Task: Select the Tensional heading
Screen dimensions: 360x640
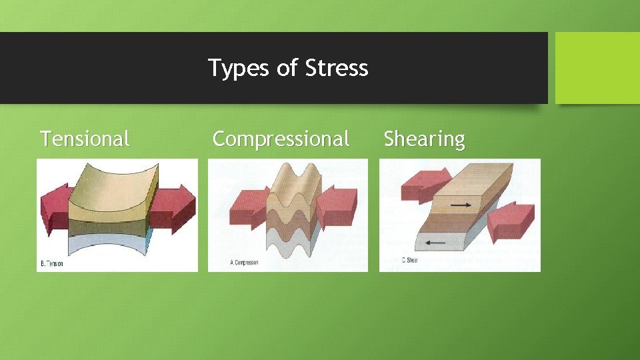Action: [85, 139]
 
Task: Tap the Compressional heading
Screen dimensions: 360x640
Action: [281, 139]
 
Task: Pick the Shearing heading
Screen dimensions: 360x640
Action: [424, 139]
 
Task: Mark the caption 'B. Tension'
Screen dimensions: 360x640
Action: [52, 264]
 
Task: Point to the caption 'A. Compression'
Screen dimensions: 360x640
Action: [244, 263]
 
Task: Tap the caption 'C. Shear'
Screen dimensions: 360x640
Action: [409, 260]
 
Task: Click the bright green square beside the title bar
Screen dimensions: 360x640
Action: [597, 68]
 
